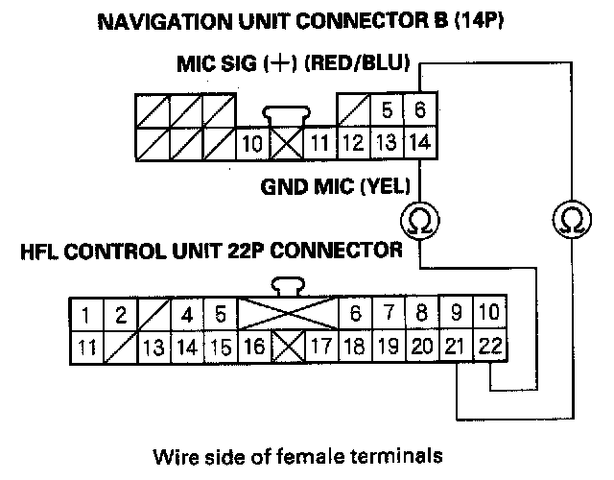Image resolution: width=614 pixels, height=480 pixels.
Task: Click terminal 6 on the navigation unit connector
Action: click(418, 110)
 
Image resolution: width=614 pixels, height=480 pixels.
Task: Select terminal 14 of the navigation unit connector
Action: click(418, 143)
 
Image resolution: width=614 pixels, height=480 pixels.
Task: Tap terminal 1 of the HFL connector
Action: click(86, 314)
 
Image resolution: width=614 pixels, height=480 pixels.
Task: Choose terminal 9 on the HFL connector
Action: click(457, 314)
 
